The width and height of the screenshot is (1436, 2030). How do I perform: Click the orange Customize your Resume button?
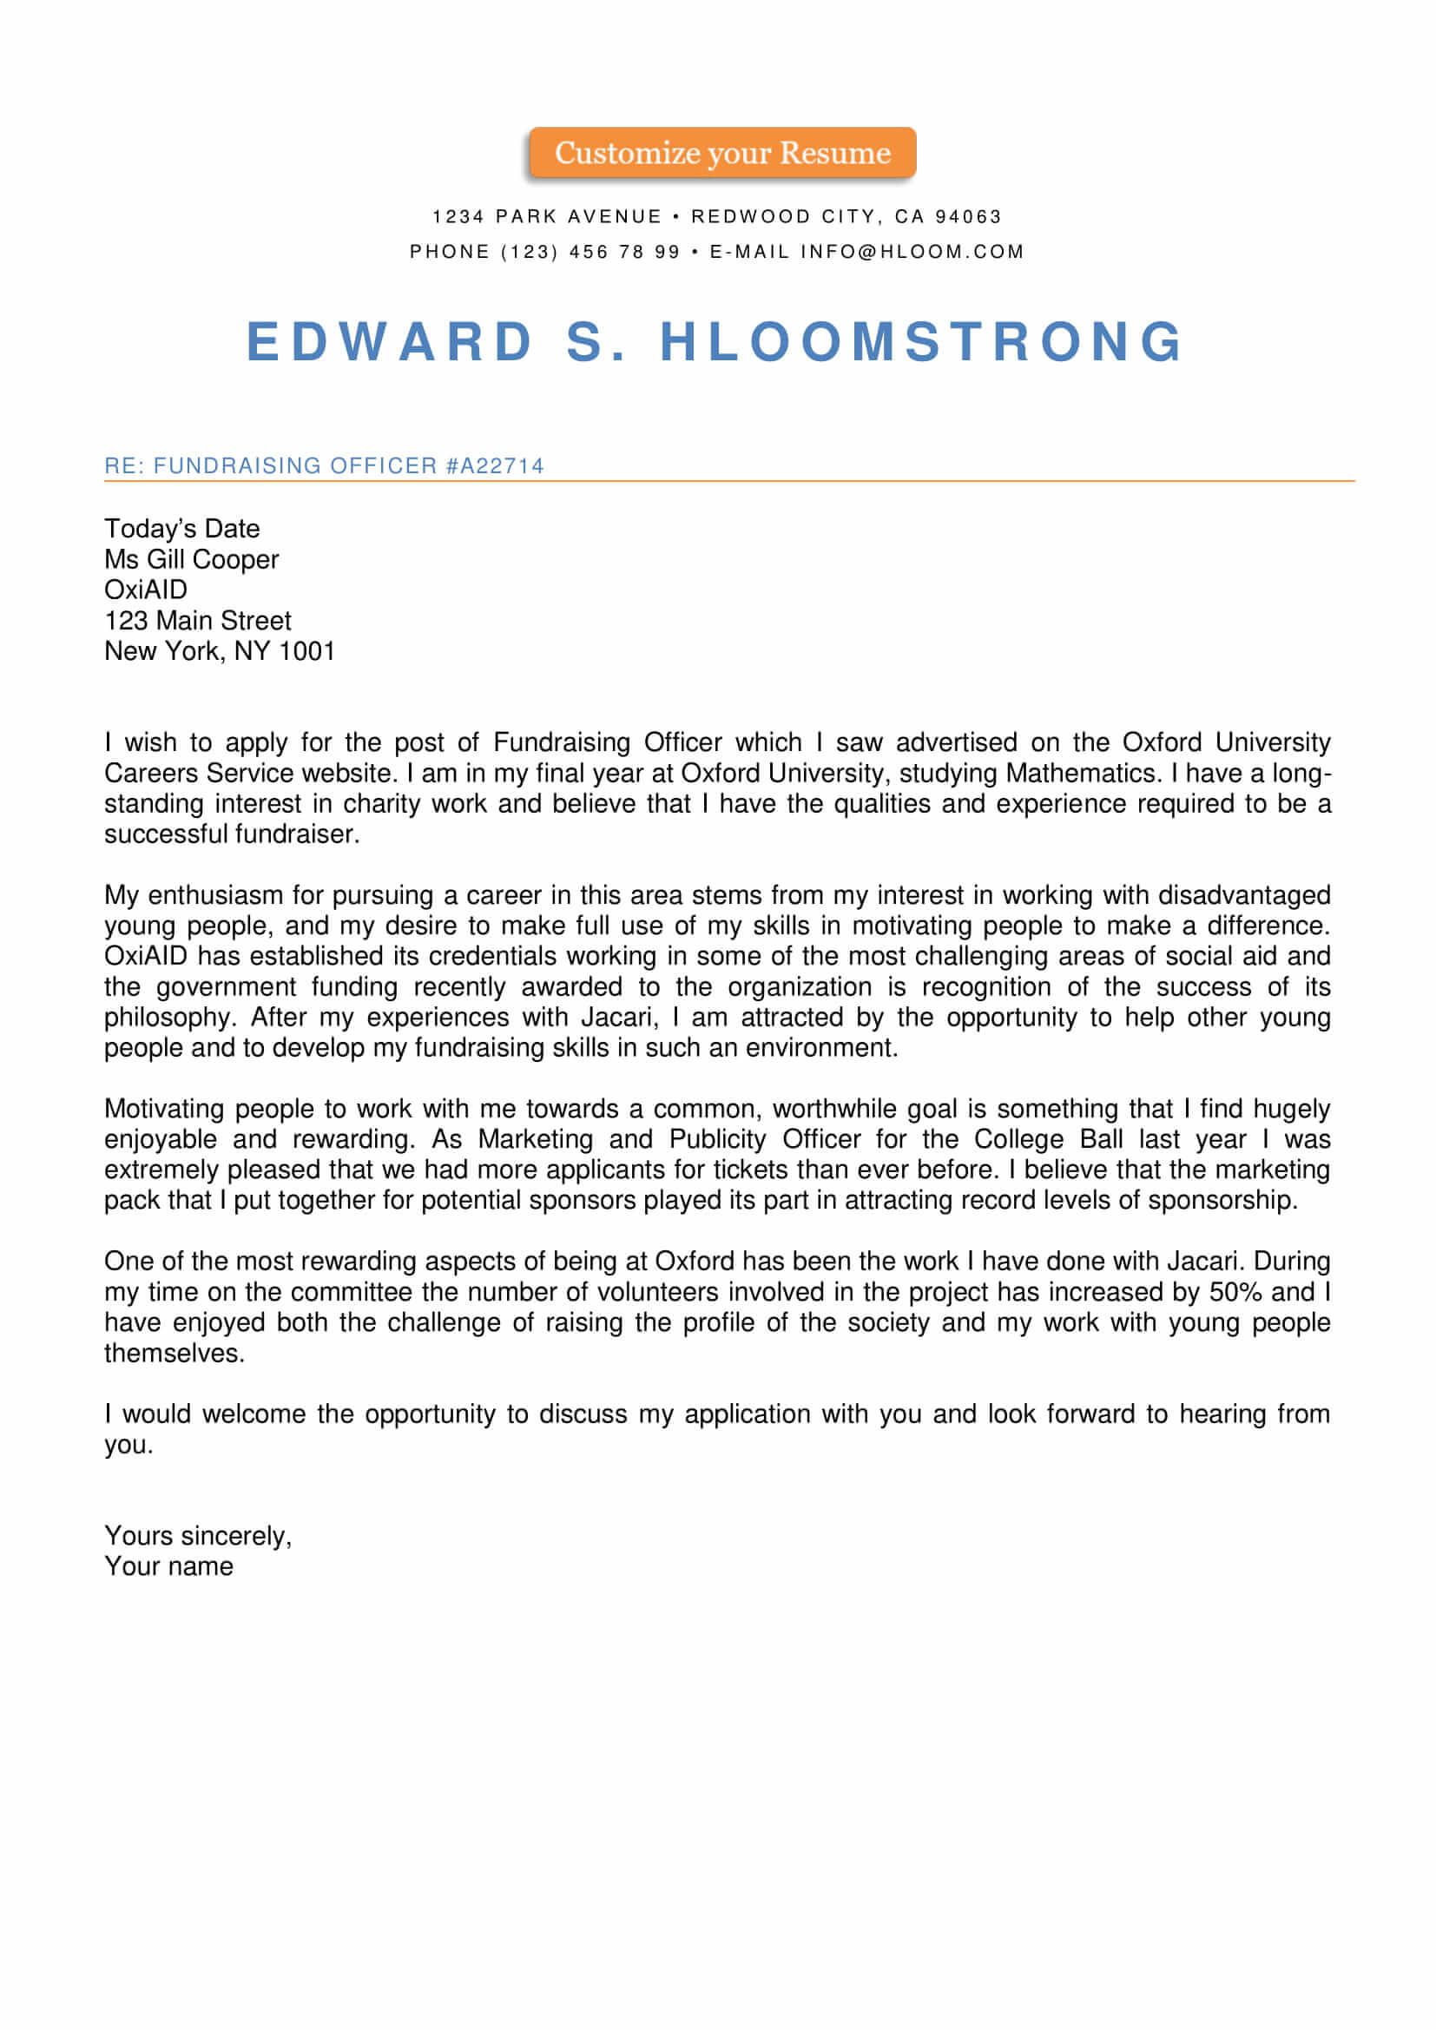(721, 153)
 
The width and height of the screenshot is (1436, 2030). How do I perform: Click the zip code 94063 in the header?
(968, 216)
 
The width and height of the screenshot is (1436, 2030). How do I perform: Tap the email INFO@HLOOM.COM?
(912, 252)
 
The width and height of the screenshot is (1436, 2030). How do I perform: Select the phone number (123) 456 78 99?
(590, 252)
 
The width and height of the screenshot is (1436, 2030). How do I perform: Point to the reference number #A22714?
(494, 466)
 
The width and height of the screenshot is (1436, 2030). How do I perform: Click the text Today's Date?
(182, 529)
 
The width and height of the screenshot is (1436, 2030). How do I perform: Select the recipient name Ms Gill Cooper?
(191, 560)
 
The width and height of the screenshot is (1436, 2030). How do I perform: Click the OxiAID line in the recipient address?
(146, 590)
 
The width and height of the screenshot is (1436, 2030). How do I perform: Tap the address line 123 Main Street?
(197, 621)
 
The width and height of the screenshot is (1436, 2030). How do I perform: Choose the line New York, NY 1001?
(220, 651)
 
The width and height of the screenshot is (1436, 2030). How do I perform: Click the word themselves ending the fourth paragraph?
(174, 1354)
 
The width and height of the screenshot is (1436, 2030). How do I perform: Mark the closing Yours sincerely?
(197, 1536)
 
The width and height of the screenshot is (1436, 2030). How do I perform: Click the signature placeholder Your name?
(169, 1566)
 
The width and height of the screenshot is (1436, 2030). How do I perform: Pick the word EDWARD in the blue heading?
(390, 341)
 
